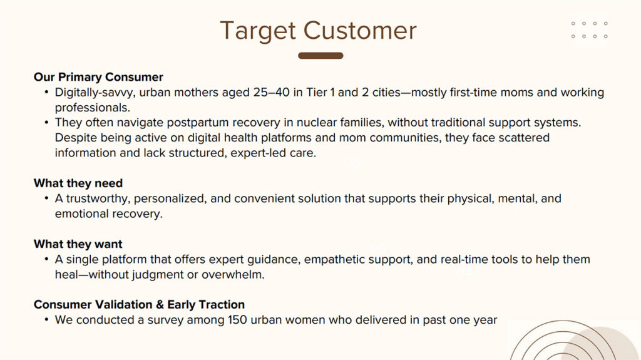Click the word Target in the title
(x=258, y=31)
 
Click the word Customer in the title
(x=360, y=31)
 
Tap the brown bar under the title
(x=320, y=56)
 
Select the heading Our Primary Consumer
(x=98, y=77)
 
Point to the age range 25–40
(x=272, y=92)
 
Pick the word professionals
(x=93, y=108)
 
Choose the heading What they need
(x=78, y=183)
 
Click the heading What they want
(x=78, y=244)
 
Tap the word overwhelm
(x=233, y=274)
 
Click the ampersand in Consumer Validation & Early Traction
(x=160, y=304)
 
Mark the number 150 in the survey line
(x=237, y=320)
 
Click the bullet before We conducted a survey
(x=46, y=320)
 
